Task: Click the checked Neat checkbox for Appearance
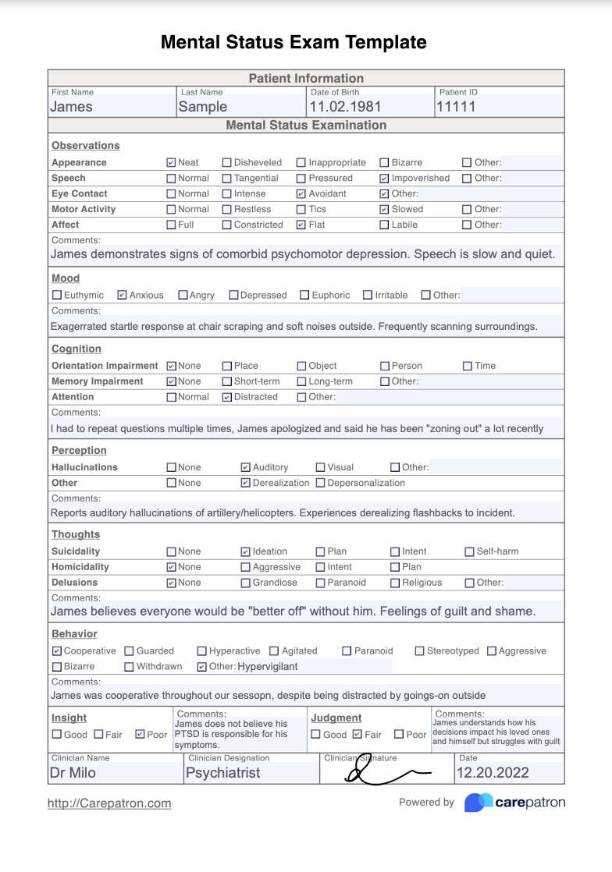(x=171, y=163)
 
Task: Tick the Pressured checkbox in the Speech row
(x=301, y=179)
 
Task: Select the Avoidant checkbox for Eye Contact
(x=301, y=194)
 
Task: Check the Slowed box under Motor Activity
(x=384, y=210)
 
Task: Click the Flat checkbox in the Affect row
(x=301, y=225)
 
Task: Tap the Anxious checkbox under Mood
(x=122, y=296)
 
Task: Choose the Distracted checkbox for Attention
(x=227, y=397)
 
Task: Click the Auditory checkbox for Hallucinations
(x=246, y=467)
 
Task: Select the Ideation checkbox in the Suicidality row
(x=246, y=551)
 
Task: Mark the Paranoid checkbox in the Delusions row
(x=321, y=583)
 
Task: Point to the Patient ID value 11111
(x=456, y=107)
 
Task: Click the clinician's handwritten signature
(x=386, y=772)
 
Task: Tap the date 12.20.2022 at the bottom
(x=493, y=773)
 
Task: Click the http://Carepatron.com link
(x=109, y=803)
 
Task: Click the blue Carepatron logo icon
(x=478, y=803)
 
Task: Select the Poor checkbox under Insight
(x=140, y=735)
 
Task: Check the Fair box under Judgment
(x=358, y=735)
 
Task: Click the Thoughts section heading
(x=76, y=534)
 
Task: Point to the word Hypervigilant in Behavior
(x=268, y=667)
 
